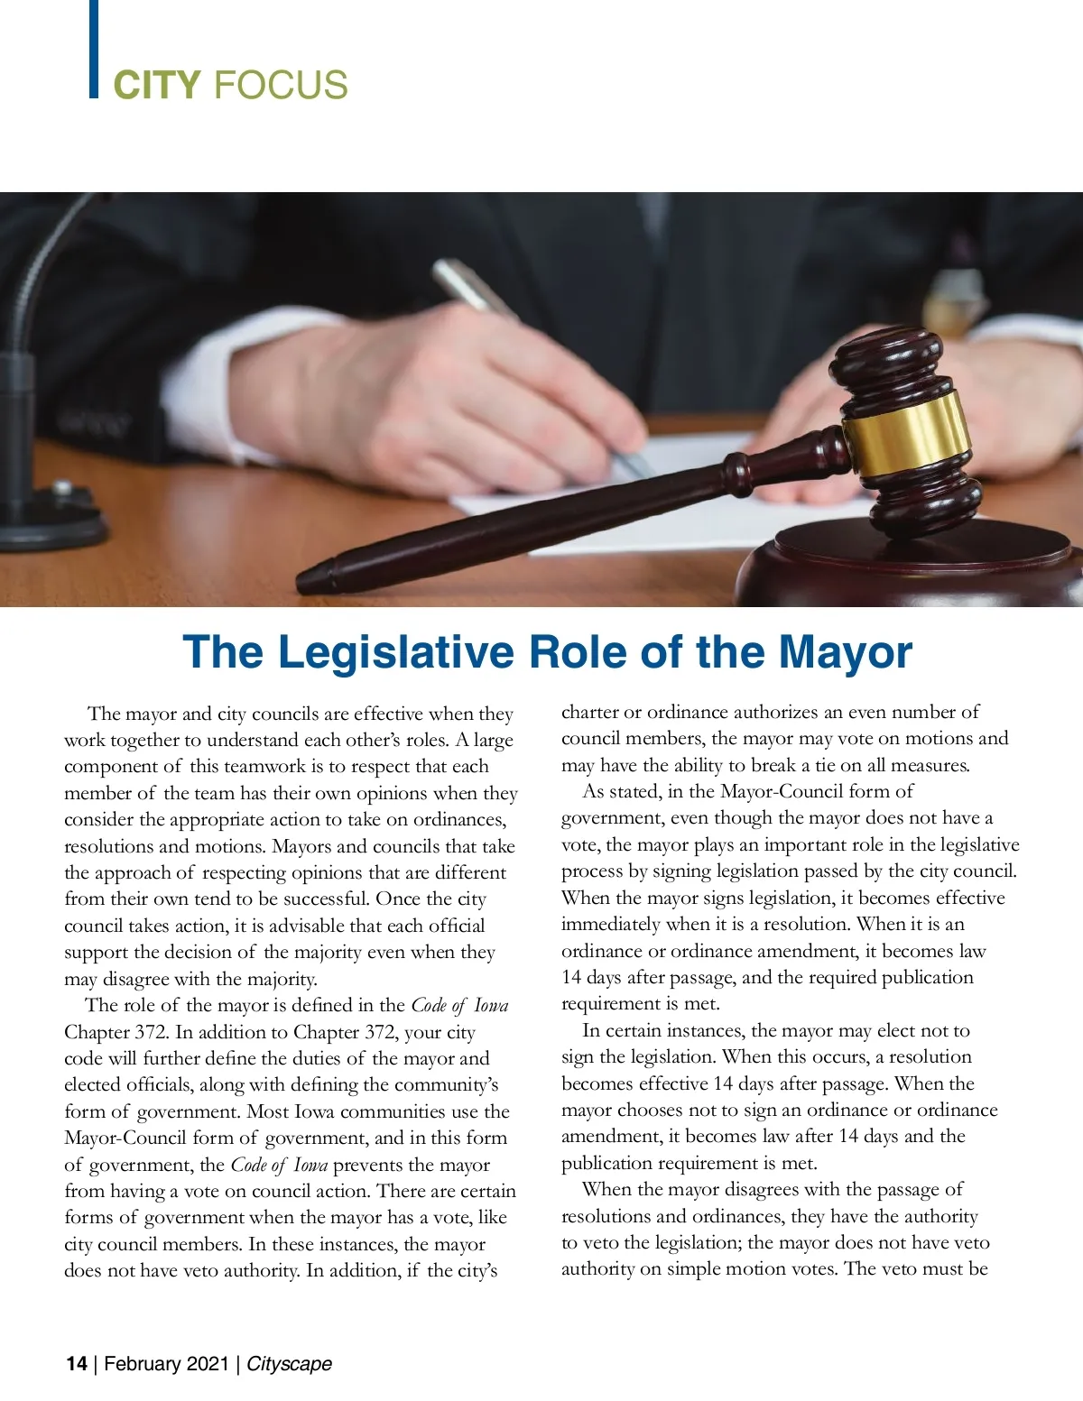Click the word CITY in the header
coord(156,86)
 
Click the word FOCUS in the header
coord(281,86)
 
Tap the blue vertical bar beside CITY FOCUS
coord(94,49)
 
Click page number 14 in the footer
coord(77,1363)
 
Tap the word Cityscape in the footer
coord(289,1363)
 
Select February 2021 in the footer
coord(166,1363)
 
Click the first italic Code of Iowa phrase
coord(459,1005)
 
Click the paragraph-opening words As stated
coord(621,791)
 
